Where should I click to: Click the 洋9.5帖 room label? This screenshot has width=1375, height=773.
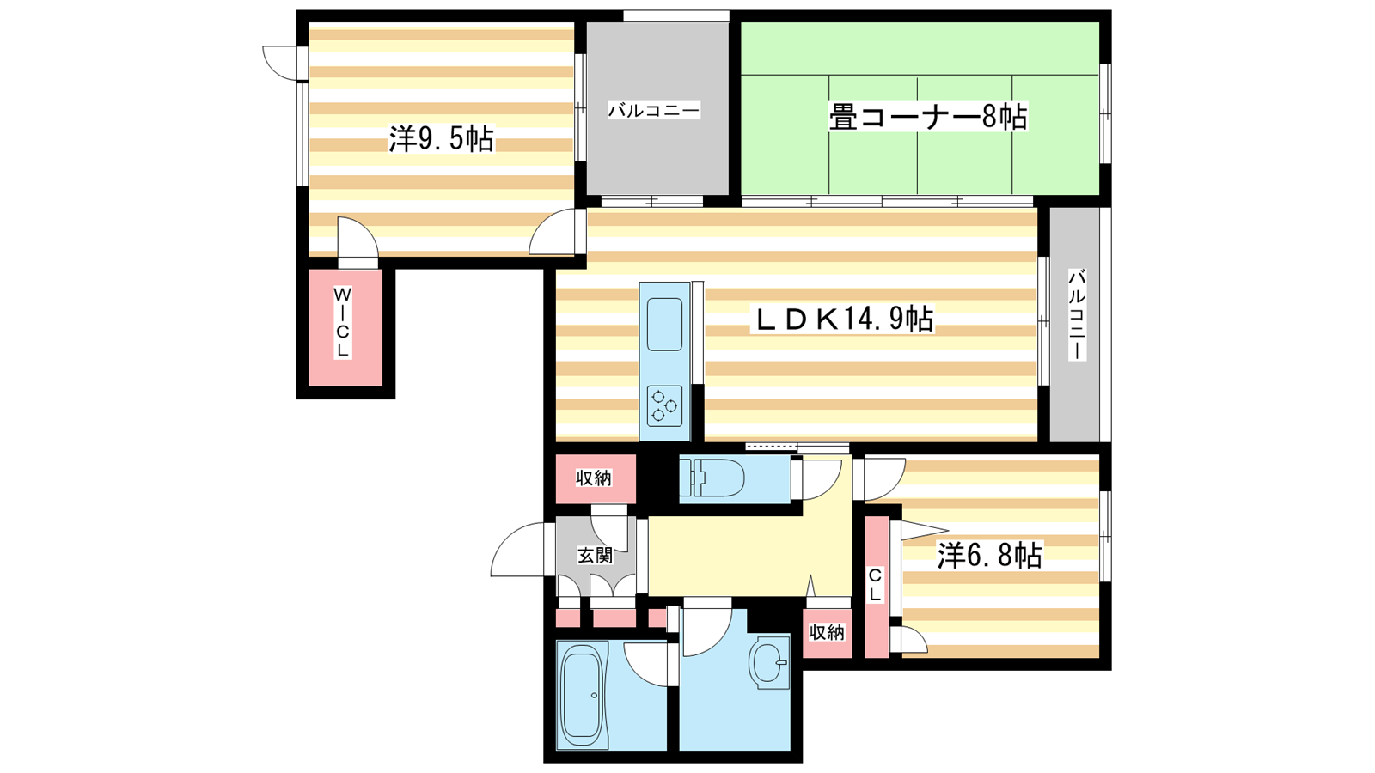coord(442,138)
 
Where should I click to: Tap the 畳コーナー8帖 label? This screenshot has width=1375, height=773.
coord(927,117)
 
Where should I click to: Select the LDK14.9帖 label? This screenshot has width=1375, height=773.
coord(842,319)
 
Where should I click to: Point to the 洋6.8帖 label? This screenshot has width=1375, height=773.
coord(989,556)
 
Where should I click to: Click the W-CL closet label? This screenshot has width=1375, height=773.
coord(342,322)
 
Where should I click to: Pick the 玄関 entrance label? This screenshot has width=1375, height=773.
coord(595,556)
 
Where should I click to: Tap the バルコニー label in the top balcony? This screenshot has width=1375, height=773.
coord(654,111)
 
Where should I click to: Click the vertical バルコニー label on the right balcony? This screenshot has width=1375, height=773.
coord(1077,314)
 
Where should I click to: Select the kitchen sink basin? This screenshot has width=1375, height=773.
coord(664,325)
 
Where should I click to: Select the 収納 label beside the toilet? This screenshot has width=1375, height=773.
coord(594,478)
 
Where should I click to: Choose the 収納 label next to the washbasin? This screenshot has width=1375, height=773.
coord(826,632)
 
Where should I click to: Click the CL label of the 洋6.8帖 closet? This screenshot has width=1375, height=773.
coord(876,585)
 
